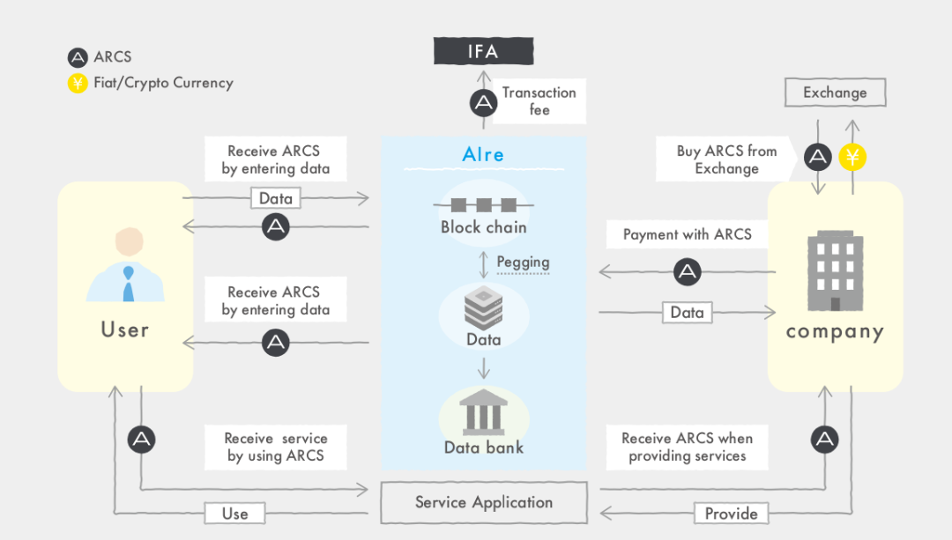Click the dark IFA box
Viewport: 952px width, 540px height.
point(483,51)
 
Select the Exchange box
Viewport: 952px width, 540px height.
point(835,92)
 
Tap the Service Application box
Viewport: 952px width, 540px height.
point(484,502)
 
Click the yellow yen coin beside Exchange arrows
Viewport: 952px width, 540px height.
point(852,157)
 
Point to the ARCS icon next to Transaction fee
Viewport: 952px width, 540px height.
point(483,102)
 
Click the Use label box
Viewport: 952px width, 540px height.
point(235,514)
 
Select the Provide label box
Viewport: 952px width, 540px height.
point(731,514)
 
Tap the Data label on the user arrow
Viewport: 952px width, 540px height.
point(276,198)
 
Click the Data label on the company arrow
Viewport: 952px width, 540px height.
point(687,313)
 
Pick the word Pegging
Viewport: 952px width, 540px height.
point(523,263)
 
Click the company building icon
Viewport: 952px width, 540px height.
point(835,270)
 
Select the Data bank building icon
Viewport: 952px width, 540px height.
point(483,412)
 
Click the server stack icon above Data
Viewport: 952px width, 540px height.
point(483,307)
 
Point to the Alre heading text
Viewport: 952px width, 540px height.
point(483,155)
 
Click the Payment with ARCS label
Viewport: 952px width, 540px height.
point(687,234)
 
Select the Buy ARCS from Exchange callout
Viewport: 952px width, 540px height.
point(726,159)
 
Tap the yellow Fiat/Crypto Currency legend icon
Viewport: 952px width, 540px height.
point(77,83)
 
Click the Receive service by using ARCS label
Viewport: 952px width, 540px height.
point(276,448)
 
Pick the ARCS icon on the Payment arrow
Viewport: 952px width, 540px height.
point(688,271)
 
